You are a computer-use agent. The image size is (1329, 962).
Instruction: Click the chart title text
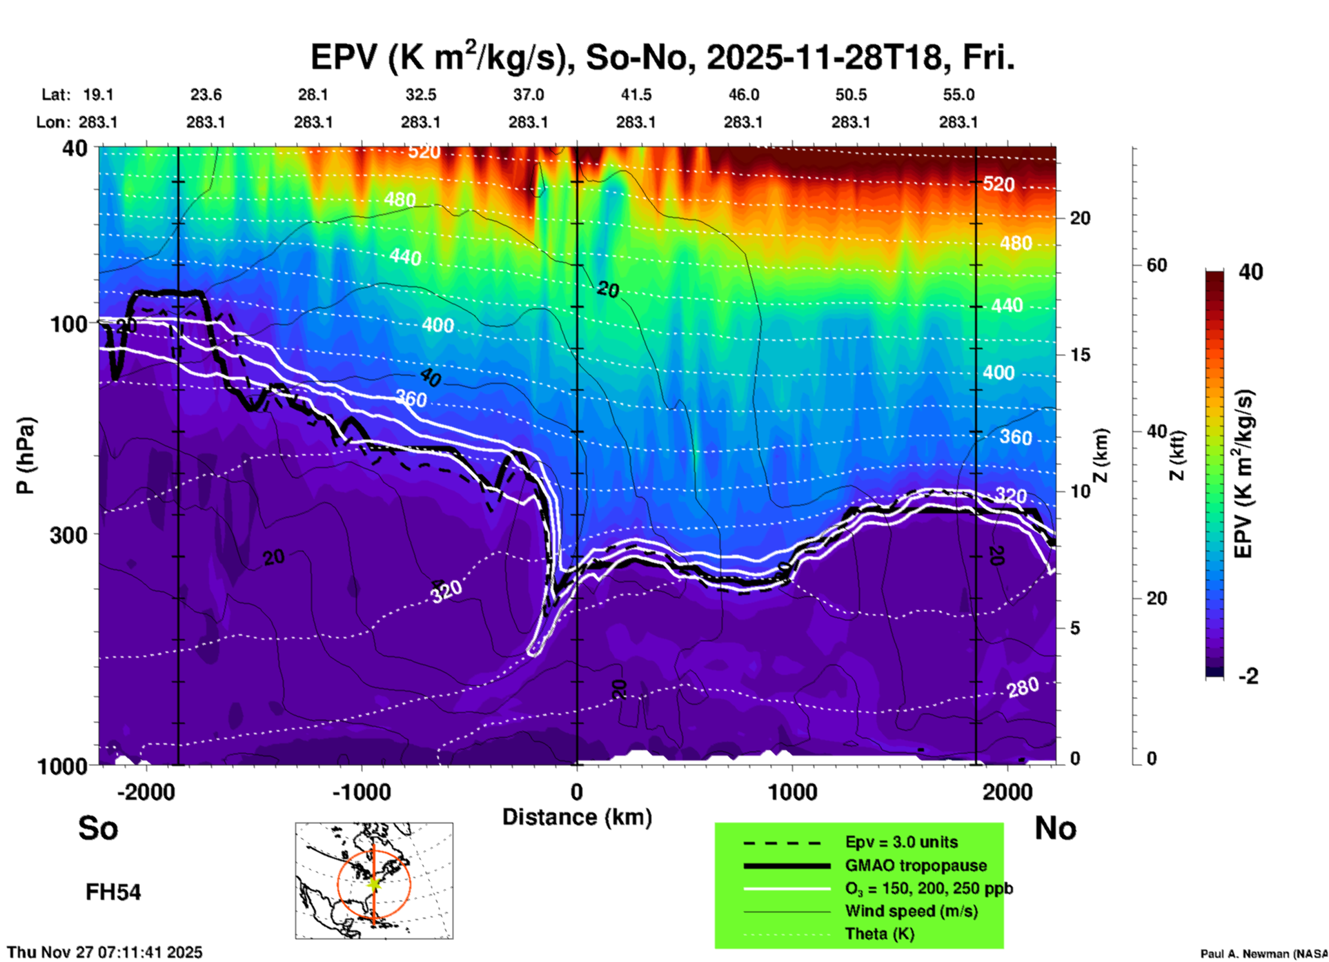(x=662, y=57)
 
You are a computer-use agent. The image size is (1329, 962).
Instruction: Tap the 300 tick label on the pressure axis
(x=69, y=535)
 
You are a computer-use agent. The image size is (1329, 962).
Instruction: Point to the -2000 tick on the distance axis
(x=146, y=792)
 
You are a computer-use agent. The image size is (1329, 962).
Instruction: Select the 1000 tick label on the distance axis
(x=792, y=792)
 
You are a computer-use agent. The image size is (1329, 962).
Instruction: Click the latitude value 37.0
(x=528, y=95)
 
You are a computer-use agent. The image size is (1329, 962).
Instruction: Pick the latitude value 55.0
(x=958, y=95)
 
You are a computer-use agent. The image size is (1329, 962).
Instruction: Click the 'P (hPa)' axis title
(x=26, y=455)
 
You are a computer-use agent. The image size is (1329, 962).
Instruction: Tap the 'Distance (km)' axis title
(x=577, y=817)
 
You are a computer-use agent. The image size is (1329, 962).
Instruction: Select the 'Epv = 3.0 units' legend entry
(x=901, y=842)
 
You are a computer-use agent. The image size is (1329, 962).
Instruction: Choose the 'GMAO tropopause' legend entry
(x=916, y=865)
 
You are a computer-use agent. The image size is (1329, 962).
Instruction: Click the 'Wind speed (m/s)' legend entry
(x=911, y=911)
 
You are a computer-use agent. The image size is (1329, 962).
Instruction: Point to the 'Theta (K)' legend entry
(x=879, y=934)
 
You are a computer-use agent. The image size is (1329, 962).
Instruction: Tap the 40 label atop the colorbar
(x=1250, y=272)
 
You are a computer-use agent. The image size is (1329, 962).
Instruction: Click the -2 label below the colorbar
(x=1248, y=676)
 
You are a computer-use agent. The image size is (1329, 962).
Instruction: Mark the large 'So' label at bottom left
(x=98, y=828)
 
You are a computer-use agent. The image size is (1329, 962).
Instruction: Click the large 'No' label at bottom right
(x=1055, y=828)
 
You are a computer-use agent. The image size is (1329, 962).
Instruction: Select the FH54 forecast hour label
(x=113, y=892)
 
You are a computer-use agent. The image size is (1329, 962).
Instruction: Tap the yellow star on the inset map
(x=374, y=883)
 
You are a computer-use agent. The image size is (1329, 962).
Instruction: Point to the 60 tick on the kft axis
(x=1156, y=265)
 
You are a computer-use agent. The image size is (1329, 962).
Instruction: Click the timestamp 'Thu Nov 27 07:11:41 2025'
(x=105, y=952)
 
